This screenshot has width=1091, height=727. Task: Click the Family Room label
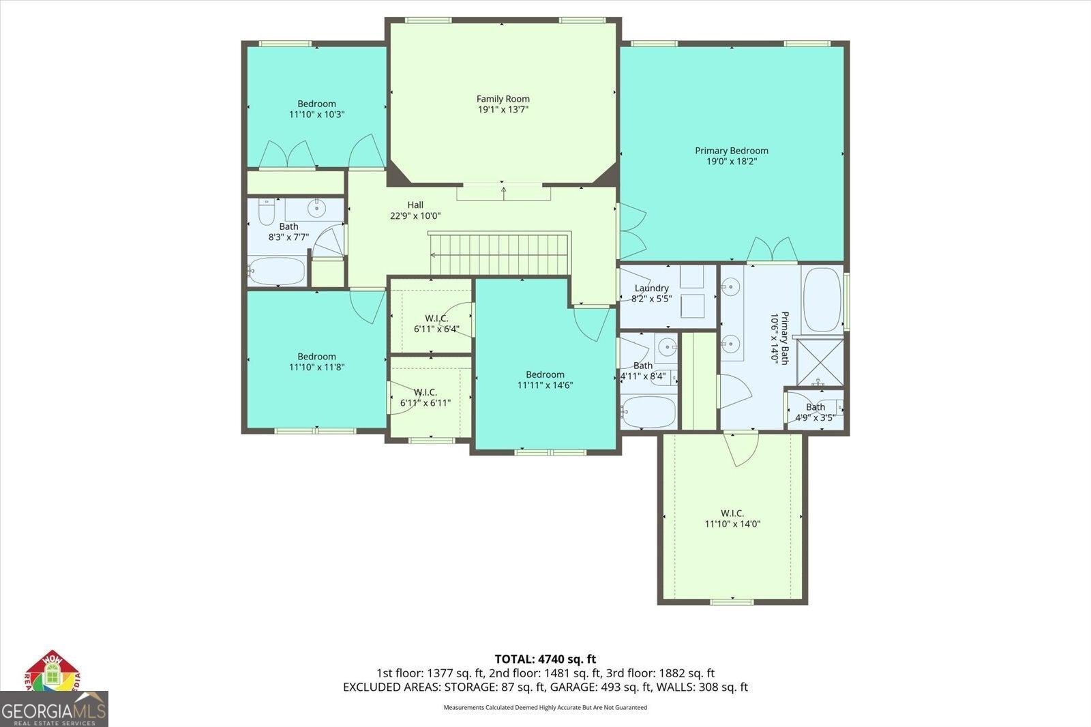(x=503, y=99)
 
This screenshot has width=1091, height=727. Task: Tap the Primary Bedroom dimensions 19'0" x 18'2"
(x=732, y=161)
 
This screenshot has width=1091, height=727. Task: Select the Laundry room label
(x=651, y=288)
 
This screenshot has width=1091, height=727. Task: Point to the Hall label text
(x=415, y=205)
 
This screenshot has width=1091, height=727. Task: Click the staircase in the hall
(x=499, y=254)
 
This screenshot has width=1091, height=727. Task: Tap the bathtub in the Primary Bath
(x=822, y=299)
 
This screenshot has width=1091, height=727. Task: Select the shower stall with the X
(x=820, y=362)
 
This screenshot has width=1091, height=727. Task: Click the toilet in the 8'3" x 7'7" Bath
(x=266, y=211)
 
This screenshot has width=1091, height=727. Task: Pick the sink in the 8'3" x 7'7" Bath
(x=317, y=209)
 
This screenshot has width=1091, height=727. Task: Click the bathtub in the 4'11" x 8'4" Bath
(x=648, y=412)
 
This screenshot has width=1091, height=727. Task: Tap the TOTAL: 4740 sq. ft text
(x=545, y=659)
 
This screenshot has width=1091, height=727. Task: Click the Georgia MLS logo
(x=54, y=709)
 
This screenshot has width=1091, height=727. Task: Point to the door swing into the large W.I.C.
(x=741, y=449)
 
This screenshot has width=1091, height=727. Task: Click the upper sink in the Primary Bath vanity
(x=730, y=287)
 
